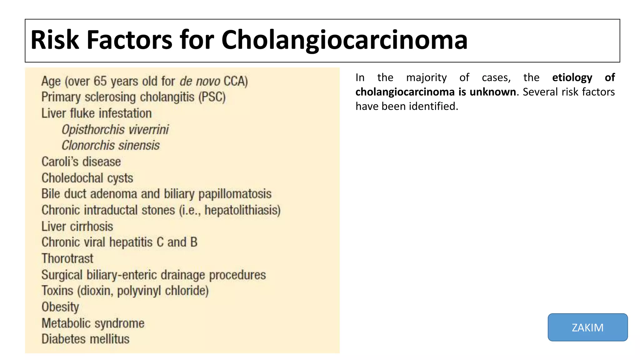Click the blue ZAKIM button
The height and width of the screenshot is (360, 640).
(x=587, y=327)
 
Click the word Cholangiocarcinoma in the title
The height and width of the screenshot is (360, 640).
(x=344, y=40)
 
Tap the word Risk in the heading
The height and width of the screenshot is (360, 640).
(x=55, y=40)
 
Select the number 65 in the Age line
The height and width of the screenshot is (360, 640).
(x=100, y=81)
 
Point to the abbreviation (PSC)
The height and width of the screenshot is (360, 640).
(x=212, y=97)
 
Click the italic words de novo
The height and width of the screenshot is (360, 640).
(x=200, y=81)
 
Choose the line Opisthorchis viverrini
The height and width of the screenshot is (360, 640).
(x=115, y=130)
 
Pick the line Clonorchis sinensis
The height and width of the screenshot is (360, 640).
(x=111, y=146)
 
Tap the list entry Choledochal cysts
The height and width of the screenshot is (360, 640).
(x=87, y=178)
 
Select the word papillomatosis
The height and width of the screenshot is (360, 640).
(x=235, y=194)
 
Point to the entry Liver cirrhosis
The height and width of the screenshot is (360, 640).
(x=77, y=227)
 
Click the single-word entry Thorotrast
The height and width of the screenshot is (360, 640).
(x=67, y=259)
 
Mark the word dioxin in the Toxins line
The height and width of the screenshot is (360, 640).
(x=96, y=291)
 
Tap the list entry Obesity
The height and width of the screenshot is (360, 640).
(x=60, y=307)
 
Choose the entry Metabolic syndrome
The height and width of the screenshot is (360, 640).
(x=93, y=323)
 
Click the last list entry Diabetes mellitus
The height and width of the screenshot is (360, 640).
(x=86, y=339)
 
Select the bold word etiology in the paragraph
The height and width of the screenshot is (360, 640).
(x=572, y=77)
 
